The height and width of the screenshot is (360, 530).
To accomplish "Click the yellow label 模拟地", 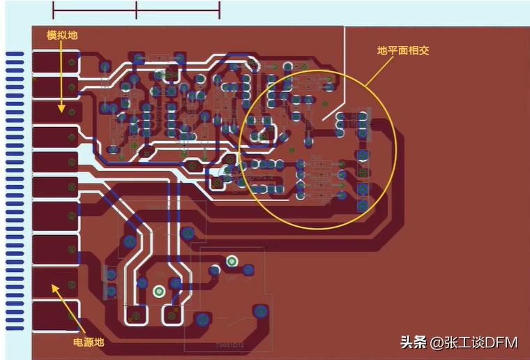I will tap(61, 35).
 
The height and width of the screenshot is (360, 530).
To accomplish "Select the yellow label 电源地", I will tap(89, 342).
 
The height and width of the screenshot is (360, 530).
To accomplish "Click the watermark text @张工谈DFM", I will tap(474, 342).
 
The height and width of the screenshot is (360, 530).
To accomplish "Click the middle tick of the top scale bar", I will tap(137, 10).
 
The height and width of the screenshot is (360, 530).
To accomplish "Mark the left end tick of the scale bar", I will tap(54, 10).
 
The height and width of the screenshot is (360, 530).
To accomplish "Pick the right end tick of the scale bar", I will tap(220, 10).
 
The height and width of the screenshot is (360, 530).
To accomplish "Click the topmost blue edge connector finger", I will tap(15, 54).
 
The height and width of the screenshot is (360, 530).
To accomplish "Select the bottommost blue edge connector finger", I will tap(15, 327).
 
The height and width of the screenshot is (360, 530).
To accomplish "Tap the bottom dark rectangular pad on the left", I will tap(55, 316).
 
